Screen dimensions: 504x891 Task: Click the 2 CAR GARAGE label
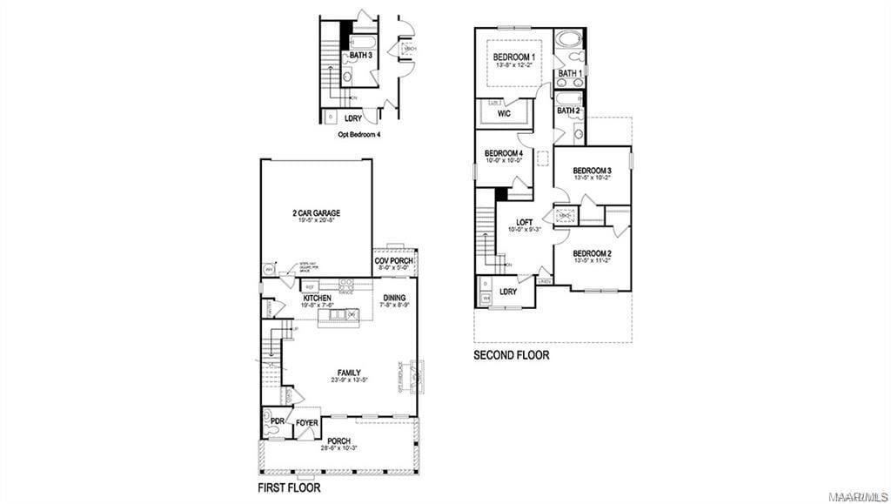click(x=316, y=213)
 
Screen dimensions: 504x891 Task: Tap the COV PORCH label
click(x=394, y=260)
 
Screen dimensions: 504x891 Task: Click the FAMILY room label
click(x=349, y=373)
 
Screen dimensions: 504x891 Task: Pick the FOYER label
click(x=306, y=423)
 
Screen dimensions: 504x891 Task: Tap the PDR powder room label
click(x=278, y=421)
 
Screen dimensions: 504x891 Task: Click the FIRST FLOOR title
click(x=289, y=488)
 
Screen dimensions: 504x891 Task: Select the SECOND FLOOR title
click(x=512, y=355)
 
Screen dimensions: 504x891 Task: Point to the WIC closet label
click(x=504, y=113)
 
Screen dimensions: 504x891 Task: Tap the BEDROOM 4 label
click(x=504, y=153)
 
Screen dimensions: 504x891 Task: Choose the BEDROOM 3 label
click(x=592, y=171)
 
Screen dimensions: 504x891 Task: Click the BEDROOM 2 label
click(x=592, y=252)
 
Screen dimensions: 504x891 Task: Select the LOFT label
click(x=524, y=223)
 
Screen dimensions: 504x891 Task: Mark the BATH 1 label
click(x=569, y=74)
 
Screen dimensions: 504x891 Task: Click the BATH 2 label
click(x=568, y=111)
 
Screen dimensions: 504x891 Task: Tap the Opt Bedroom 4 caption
click(x=359, y=135)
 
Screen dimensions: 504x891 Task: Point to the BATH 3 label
click(x=361, y=55)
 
